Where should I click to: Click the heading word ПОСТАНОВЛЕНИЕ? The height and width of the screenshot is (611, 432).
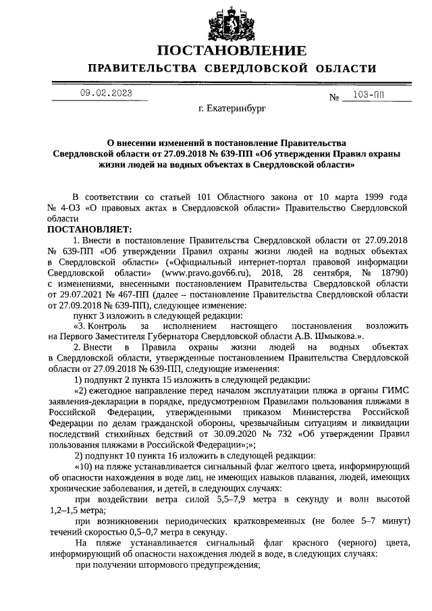(x=232, y=51)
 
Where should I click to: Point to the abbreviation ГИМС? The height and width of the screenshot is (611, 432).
(x=393, y=391)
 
